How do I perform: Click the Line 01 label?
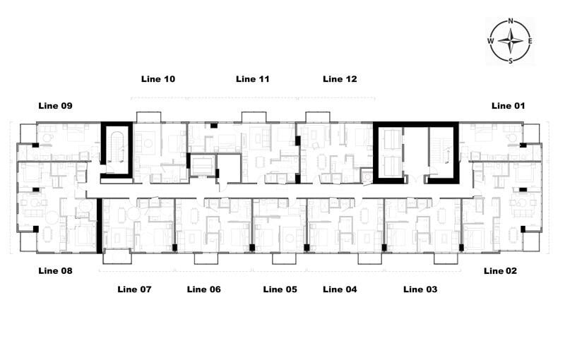(x=509, y=106)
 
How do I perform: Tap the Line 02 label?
(x=501, y=271)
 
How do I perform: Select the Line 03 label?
(x=420, y=289)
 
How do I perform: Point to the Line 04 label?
(x=340, y=289)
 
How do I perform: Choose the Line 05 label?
(x=280, y=289)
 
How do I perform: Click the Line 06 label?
(x=203, y=289)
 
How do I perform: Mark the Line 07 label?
(x=134, y=289)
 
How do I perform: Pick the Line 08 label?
(x=55, y=271)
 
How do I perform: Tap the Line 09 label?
(x=55, y=106)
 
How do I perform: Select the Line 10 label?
(x=158, y=79)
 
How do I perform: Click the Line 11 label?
(x=252, y=79)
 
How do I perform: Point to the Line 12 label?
(x=340, y=79)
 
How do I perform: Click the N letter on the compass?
(x=511, y=21)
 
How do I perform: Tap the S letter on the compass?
(x=511, y=61)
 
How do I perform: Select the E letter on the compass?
(x=530, y=41)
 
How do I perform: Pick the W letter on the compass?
(x=490, y=41)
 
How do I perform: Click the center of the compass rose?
(x=511, y=41)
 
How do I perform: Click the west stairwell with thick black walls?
(x=117, y=149)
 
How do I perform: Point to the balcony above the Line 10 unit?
(x=148, y=116)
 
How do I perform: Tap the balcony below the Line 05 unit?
(x=284, y=258)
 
